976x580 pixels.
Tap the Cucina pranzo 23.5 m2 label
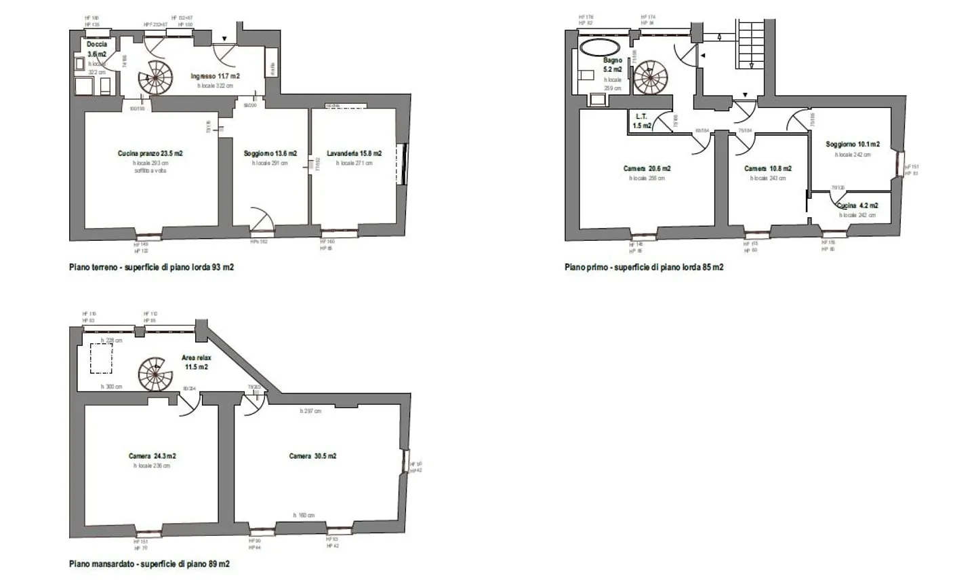tap(150, 154)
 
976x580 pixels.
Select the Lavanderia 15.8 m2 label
tap(354, 154)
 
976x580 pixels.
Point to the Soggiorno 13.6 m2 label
tap(270, 154)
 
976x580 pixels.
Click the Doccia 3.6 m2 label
tap(97, 49)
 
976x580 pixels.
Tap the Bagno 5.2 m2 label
tap(613, 64)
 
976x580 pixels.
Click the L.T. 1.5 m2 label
tap(641, 121)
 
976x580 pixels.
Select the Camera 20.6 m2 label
tap(647, 169)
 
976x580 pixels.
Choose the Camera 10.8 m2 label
tap(767, 169)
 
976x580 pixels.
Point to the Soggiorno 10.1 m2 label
tap(852, 144)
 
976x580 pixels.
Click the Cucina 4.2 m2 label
tap(857, 206)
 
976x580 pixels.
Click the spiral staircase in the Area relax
tap(156, 374)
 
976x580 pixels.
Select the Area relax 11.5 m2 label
tap(196, 362)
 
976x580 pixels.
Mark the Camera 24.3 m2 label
tap(152, 457)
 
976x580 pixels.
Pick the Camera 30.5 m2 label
tap(312, 457)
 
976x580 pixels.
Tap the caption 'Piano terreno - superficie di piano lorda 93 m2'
tap(151, 267)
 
